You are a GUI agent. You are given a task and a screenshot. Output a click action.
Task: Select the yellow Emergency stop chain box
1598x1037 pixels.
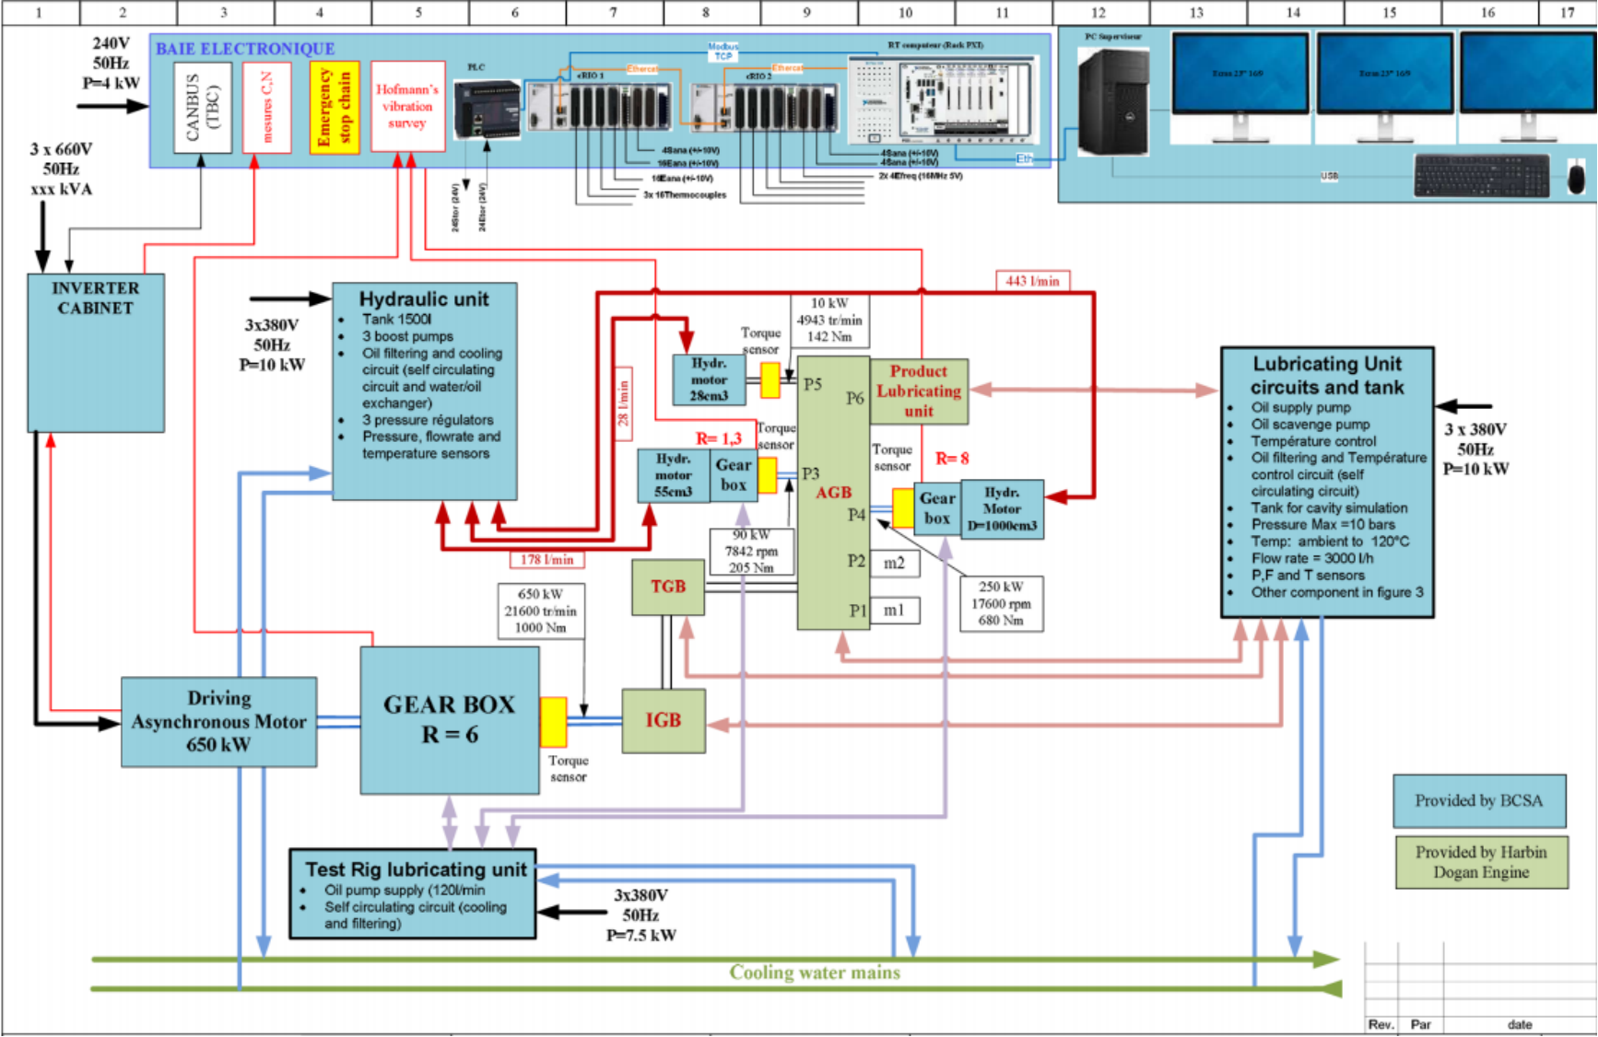click(335, 107)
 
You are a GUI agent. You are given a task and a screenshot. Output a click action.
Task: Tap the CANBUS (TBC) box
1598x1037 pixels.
click(202, 107)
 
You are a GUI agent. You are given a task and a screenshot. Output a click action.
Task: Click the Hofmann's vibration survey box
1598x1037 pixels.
click(407, 107)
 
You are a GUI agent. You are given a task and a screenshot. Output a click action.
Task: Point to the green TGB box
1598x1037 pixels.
click(668, 587)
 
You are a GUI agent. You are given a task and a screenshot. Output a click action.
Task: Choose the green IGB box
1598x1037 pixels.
click(664, 720)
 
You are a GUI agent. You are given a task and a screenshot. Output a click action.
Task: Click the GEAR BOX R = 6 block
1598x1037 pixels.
click(450, 719)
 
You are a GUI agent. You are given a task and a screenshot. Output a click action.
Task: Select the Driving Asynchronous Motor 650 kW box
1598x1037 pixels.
click(218, 722)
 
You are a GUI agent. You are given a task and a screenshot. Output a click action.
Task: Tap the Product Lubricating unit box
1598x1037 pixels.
click(919, 391)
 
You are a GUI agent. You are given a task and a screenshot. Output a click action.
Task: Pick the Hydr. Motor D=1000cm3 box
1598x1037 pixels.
click(1002, 508)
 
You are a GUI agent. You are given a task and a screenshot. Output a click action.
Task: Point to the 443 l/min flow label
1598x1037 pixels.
click(1032, 281)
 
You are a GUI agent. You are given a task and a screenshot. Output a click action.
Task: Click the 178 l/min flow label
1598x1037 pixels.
click(546, 559)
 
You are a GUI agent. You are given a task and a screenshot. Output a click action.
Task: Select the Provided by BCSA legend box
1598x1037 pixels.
click(1479, 800)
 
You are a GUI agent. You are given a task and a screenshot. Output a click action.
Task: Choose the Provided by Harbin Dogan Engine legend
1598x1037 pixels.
click(1481, 862)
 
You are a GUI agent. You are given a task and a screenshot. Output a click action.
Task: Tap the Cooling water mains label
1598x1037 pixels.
click(815, 973)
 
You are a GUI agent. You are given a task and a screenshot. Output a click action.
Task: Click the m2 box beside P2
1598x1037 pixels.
click(894, 563)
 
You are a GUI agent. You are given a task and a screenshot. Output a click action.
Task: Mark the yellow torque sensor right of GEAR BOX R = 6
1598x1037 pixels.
click(554, 721)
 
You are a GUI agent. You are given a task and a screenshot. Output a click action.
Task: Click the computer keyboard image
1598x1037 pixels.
click(1482, 175)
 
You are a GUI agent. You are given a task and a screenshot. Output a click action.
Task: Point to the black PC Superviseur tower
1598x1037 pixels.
click(1113, 101)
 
